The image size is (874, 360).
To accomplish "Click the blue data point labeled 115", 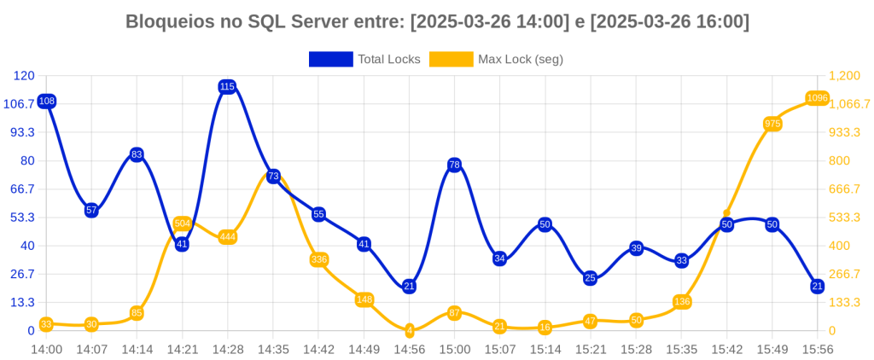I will [x=227, y=86].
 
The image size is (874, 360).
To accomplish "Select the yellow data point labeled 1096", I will [x=818, y=98].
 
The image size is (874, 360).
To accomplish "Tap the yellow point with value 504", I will [x=182, y=224].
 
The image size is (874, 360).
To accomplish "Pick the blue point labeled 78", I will [x=454, y=165].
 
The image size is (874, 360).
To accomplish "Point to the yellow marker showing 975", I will [x=772, y=124].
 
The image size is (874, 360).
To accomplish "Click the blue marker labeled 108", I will [x=47, y=102].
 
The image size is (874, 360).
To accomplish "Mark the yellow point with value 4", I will [x=410, y=330].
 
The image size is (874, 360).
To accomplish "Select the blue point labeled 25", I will [x=590, y=278].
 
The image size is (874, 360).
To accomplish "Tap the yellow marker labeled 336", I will [x=318, y=259].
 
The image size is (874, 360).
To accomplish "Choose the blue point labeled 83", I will [x=137, y=154].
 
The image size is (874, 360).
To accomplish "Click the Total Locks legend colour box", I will [x=330, y=59].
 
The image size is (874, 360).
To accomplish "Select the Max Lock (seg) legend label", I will [x=520, y=59].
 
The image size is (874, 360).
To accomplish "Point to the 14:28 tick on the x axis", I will [x=227, y=349].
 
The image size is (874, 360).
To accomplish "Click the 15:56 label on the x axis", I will [x=817, y=349].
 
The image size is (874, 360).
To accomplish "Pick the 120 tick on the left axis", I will [x=24, y=76].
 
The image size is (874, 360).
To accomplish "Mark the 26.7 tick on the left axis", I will [x=20, y=274].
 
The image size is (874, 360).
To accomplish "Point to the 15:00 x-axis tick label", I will [x=454, y=349].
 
